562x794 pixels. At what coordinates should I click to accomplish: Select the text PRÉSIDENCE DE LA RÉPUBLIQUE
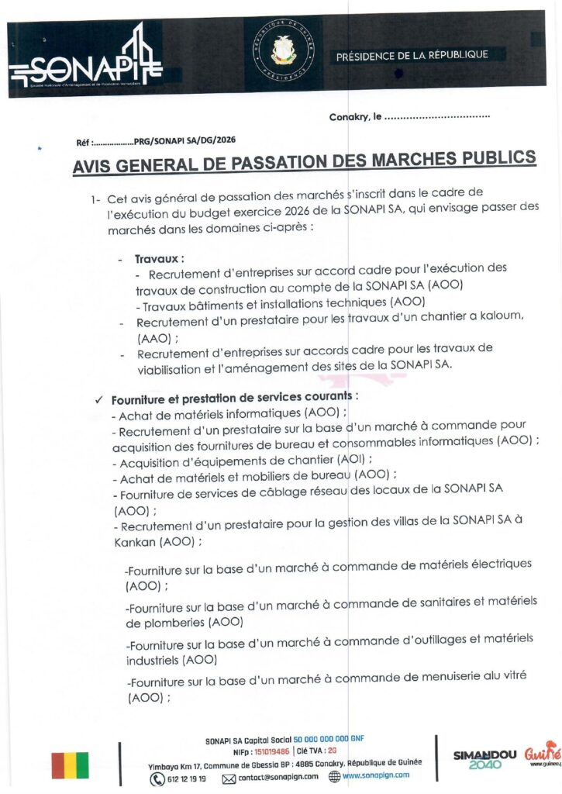tap(412, 55)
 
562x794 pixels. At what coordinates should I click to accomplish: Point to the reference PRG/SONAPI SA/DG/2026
tap(184, 141)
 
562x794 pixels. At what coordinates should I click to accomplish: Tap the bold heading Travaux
tap(159, 258)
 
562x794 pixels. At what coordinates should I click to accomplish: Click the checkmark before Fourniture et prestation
tap(98, 400)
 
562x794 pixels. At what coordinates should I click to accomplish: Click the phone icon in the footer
tap(157, 778)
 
